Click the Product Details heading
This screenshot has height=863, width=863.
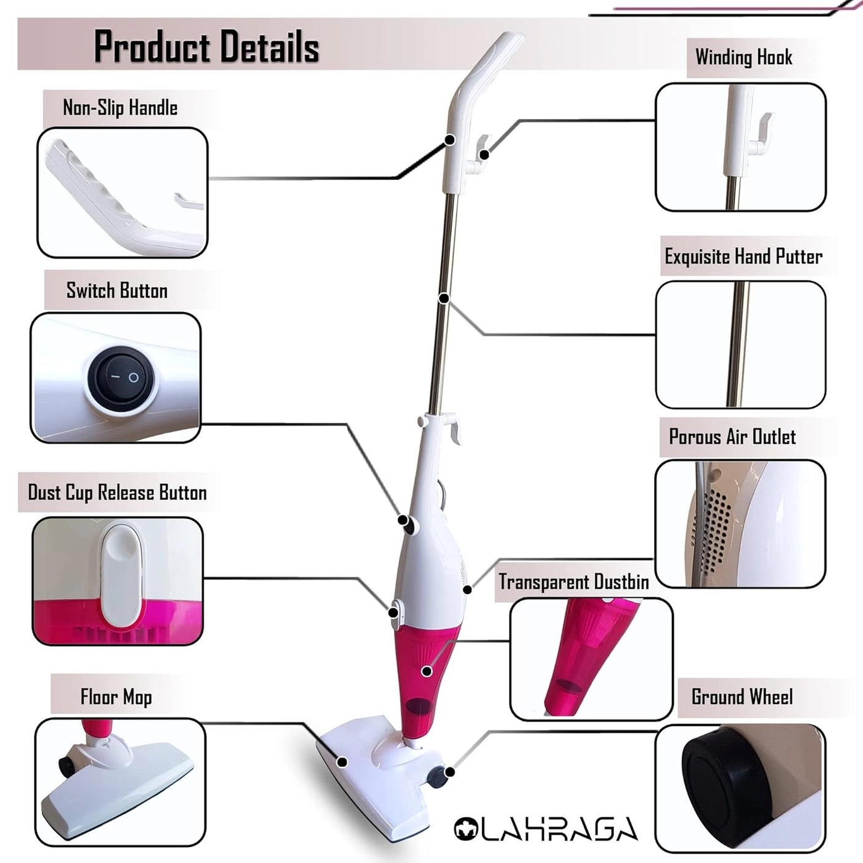click(206, 47)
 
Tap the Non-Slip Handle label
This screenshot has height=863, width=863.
click(120, 108)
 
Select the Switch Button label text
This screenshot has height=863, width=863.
click(117, 290)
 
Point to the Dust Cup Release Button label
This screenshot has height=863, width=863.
click(117, 493)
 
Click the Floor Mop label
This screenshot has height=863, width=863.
click(116, 697)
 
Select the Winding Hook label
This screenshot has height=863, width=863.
click(743, 57)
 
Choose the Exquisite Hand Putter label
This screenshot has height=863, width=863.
click(743, 256)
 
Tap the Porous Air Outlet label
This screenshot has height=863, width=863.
click(732, 437)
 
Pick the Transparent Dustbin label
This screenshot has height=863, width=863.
click(573, 582)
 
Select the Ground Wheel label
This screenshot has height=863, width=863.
click(742, 697)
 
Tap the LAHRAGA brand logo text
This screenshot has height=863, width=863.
click(546, 830)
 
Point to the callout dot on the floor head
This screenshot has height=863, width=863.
click(343, 762)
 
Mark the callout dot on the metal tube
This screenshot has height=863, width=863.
click(444, 298)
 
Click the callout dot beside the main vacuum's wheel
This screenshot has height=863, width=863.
click(450, 772)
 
